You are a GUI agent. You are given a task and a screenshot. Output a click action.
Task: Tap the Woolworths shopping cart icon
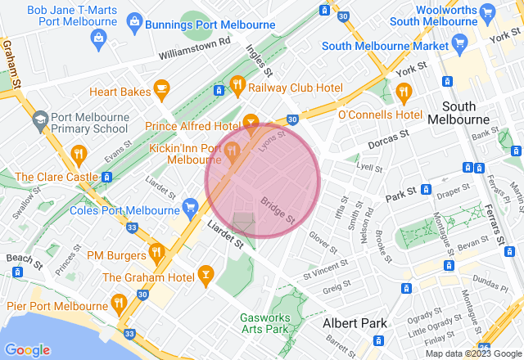point(489,11)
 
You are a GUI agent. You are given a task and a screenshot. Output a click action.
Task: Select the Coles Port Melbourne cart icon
point(191,205)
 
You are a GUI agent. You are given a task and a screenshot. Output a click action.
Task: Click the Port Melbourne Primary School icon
point(39,121)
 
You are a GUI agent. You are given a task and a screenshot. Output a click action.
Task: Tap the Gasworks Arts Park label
point(264,323)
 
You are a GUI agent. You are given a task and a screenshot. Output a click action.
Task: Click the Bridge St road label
point(278,209)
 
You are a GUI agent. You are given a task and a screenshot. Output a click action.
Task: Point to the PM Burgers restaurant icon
point(156,250)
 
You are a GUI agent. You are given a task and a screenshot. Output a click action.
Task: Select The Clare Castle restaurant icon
point(79,153)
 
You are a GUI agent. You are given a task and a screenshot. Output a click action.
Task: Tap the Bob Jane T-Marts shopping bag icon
point(98,36)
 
